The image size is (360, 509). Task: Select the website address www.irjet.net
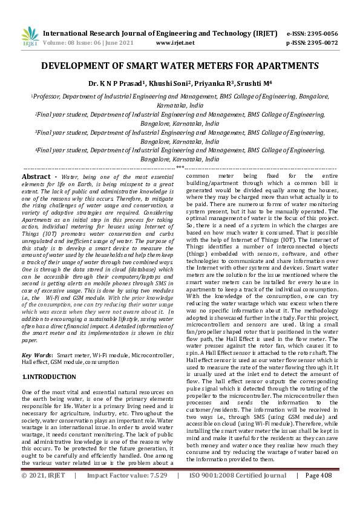(175, 43)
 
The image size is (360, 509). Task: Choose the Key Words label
(36, 339)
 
